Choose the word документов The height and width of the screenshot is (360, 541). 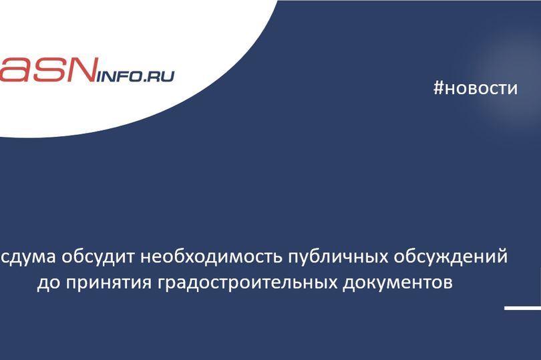tap(393, 283)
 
